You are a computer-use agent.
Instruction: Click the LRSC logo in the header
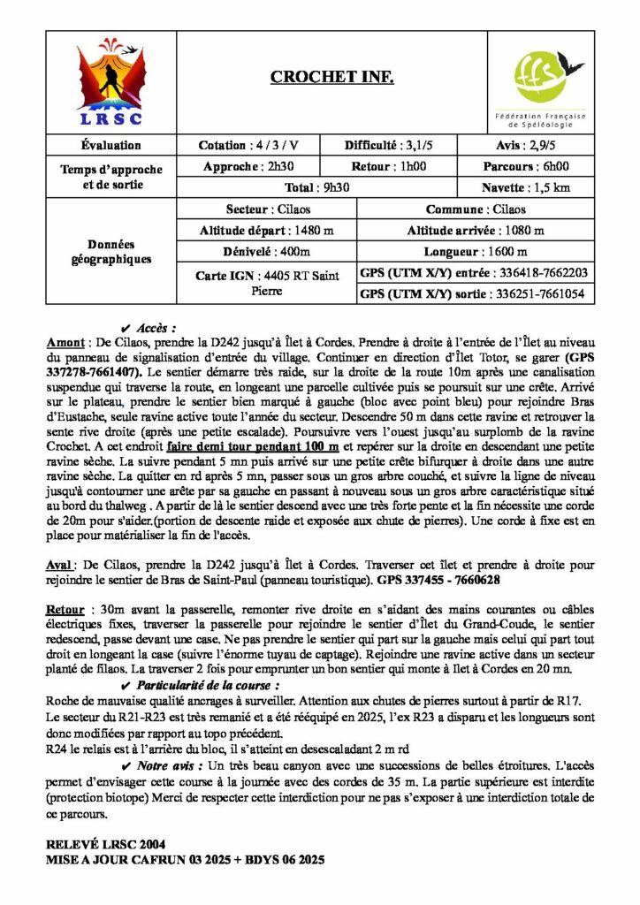coord(110,80)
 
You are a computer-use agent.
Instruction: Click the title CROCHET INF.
coord(331,78)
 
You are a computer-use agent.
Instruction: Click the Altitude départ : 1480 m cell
coord(266,231)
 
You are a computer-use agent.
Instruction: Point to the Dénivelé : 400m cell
coord(266,252)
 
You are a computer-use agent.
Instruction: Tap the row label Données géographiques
coord(110,252)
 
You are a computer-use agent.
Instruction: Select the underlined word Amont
coord(63,339)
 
